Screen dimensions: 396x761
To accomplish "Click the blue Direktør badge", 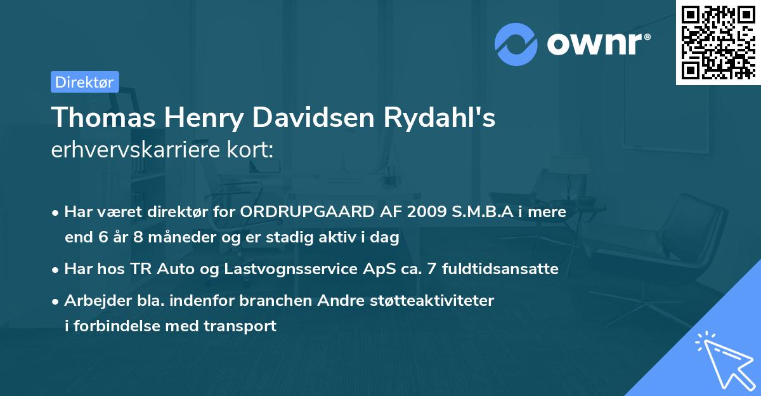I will click(x=84, y=82).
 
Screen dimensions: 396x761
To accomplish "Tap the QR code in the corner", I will click(x=718, y=43).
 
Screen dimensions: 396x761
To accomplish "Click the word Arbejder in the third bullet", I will click(x=92, y=300).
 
